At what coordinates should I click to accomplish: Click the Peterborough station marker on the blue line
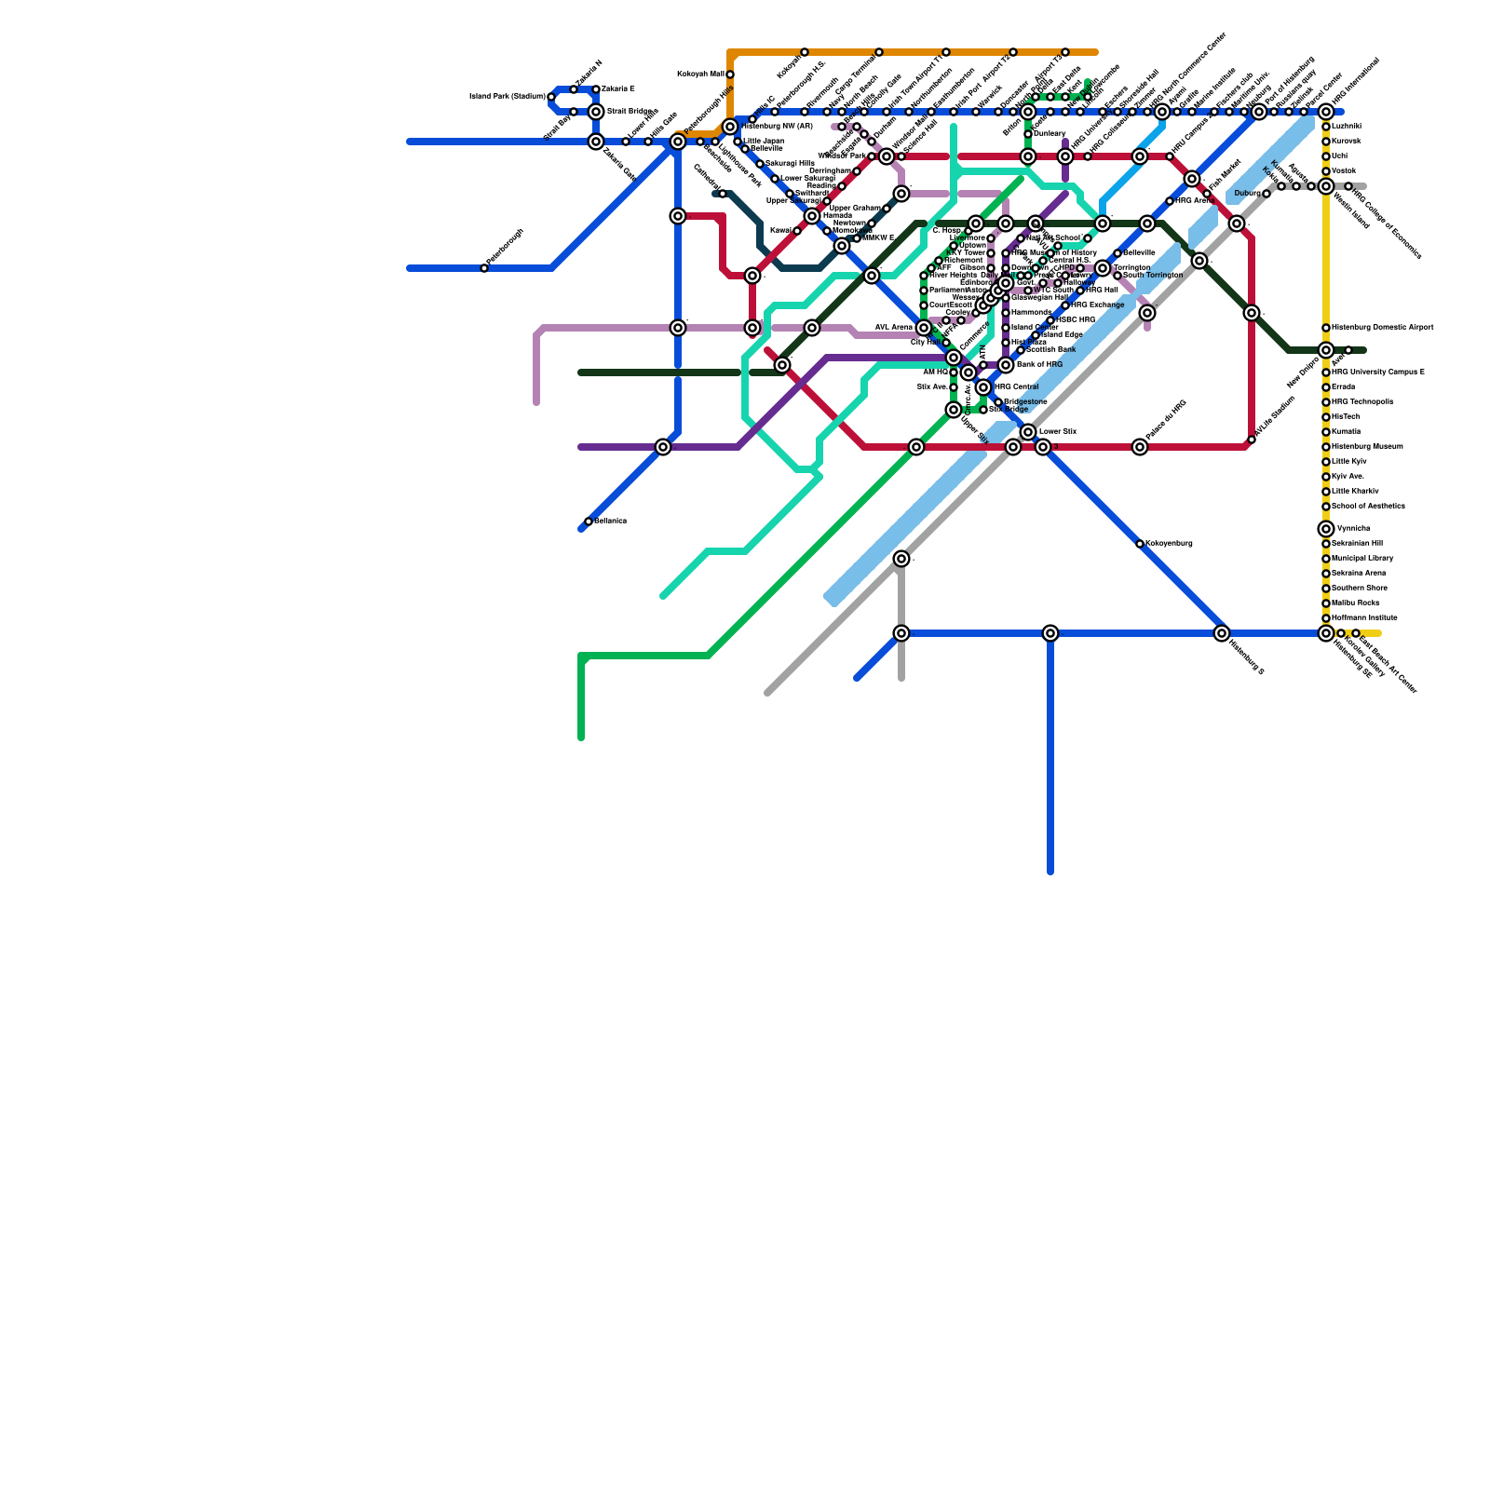coord(484,268)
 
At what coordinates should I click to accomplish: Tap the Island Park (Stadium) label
coord(508,96)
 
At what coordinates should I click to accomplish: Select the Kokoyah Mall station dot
coord(730,74)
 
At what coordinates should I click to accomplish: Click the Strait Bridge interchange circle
coord(596,112)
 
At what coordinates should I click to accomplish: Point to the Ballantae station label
coord(611,521)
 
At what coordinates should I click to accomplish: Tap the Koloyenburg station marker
coord(1140,544)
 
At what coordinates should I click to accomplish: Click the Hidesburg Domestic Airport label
coord(1382,328)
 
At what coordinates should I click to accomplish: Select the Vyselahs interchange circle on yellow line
coord(1326,529)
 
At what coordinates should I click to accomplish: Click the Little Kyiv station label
coord(1349,461)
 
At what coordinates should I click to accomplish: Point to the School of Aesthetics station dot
coord(1326,507)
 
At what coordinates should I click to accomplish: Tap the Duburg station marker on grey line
coord(1266,194)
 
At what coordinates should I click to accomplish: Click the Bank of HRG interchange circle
coord(1006,365)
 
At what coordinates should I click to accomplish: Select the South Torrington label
coord(1153,276)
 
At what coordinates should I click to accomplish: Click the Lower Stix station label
coord(1057,431)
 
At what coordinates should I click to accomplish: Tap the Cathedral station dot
coord(723,194)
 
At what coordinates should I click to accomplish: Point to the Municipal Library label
coord(1362,558)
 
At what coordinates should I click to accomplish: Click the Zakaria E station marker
coord(596,89)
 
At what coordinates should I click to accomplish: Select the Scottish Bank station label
coord(1051,349)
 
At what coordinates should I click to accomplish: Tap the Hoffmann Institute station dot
coord(1326,618)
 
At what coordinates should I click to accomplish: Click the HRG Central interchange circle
coord(983,387)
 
